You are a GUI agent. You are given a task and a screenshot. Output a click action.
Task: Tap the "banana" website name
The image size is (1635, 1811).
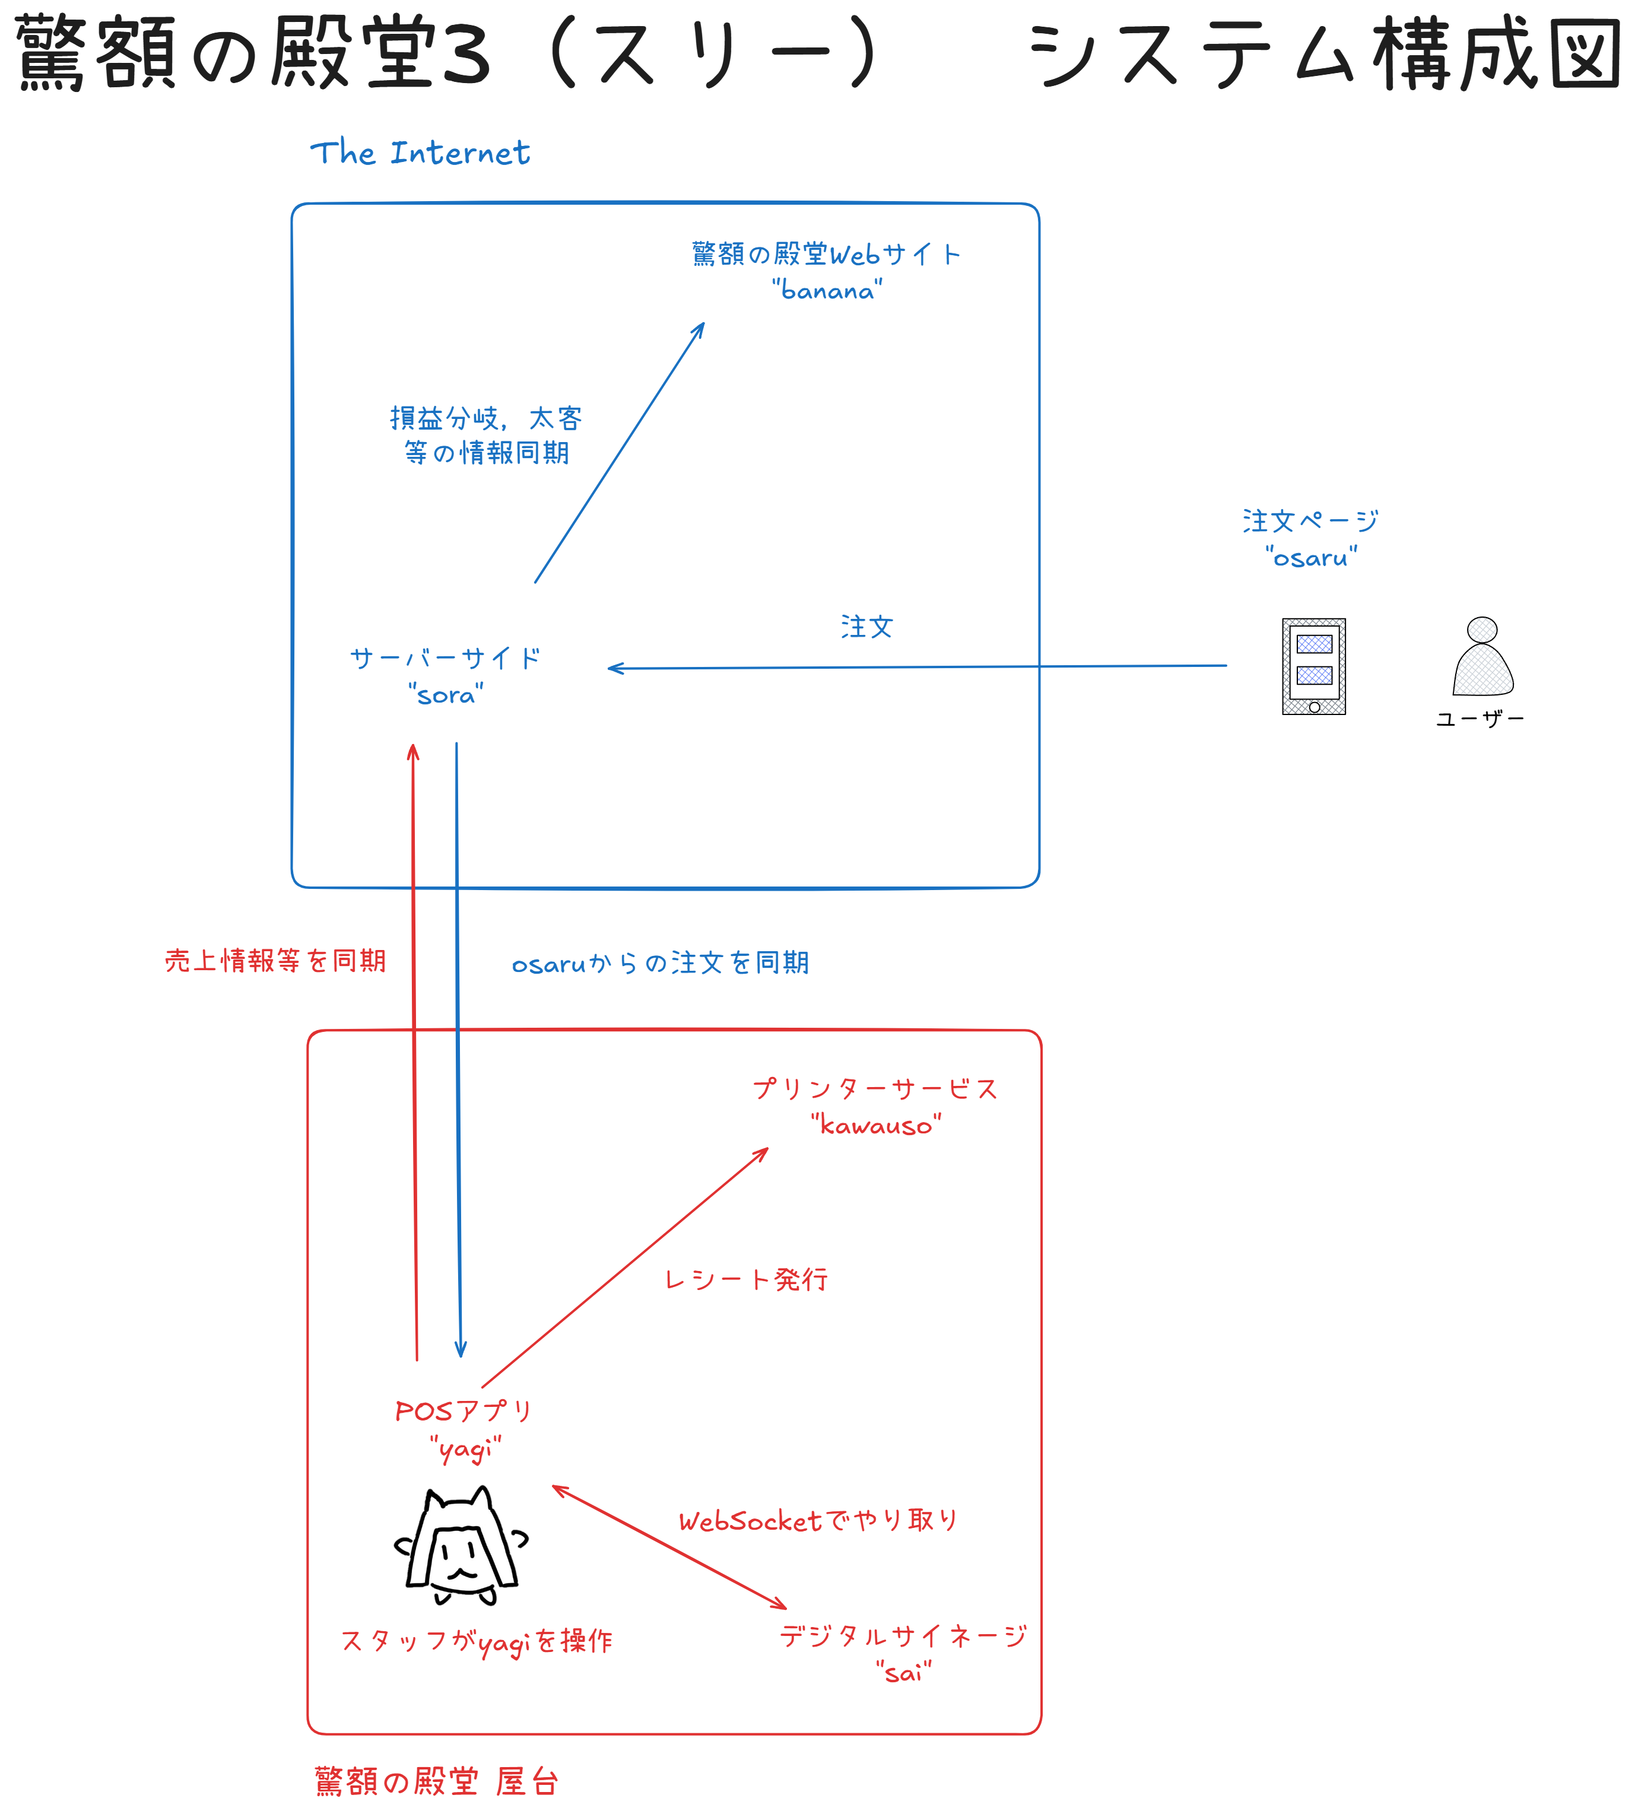click(827, 290)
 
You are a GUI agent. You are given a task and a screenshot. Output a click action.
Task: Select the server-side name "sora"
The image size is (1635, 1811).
click(446, 694)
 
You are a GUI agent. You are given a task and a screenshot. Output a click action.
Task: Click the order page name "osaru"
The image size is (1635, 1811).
click(1311, 557)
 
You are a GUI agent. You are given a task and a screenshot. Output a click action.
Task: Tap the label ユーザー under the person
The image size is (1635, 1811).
click(1480, 719)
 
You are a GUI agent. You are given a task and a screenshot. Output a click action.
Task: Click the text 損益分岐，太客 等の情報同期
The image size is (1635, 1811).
click(486, 436)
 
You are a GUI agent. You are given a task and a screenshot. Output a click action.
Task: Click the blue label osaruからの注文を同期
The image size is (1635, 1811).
click(661, 963)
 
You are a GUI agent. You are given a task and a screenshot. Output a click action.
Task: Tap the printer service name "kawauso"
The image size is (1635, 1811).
click(876, 1124)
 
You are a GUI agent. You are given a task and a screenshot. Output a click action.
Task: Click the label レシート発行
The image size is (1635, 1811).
click(745, 1279)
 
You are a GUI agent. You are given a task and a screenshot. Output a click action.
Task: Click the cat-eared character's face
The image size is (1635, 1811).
click(462, 1559)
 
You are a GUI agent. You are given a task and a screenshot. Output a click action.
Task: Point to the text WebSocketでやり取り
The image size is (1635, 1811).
click(818, 1521)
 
